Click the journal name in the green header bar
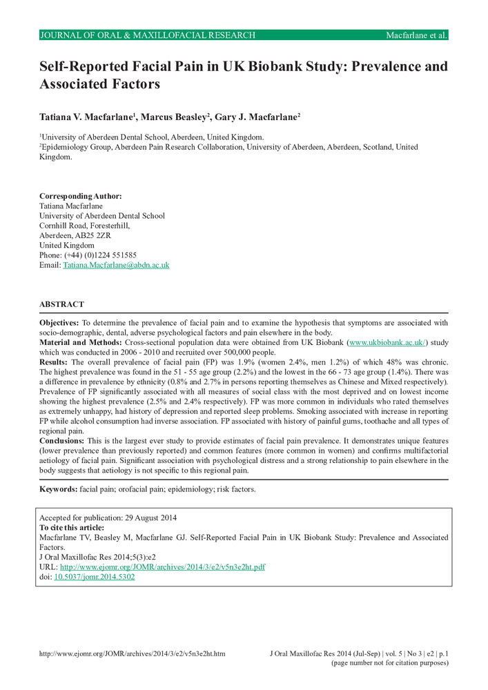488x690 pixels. (x=148, y=35)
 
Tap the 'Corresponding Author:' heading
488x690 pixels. (x=80, y=196)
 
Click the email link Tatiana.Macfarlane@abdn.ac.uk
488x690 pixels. (x=116, y=265)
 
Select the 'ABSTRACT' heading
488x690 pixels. (x=61, y=304)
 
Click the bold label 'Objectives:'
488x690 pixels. (x=59, y=322)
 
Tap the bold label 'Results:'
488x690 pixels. (x=52, y=362)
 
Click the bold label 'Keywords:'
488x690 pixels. (x=58, y=489)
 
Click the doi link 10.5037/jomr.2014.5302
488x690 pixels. (x=95, y=577)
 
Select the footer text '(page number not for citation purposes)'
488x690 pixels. (x=390, y=663)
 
